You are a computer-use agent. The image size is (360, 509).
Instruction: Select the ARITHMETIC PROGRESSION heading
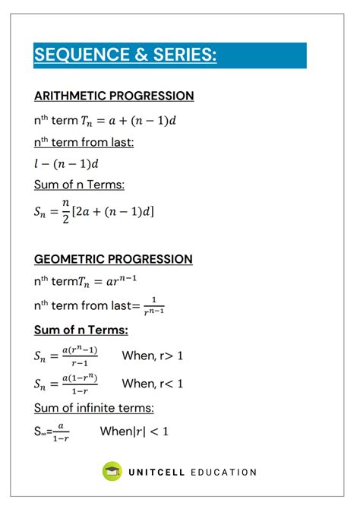(114, 96)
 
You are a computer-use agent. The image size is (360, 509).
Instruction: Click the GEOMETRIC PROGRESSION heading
(113, 259)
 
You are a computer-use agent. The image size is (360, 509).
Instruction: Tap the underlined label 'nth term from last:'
(84, 142)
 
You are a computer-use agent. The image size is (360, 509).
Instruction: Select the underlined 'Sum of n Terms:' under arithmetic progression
(79, 185)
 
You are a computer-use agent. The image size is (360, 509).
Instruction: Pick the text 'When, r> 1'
(153, 356)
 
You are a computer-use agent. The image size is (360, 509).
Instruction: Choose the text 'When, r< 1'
(153, 384)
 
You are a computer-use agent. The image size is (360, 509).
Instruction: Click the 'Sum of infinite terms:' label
(94, 409)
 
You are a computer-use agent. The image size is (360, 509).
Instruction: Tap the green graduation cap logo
(112, 471)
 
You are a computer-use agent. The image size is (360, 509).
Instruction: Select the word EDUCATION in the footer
(226, 472)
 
